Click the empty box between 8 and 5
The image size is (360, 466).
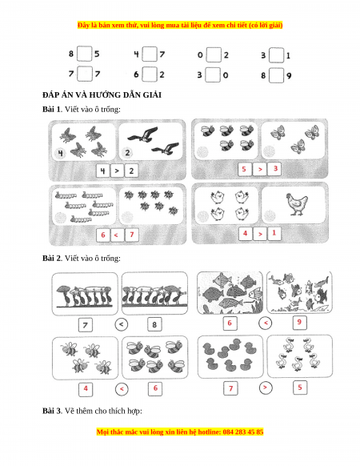(x=84, y=54)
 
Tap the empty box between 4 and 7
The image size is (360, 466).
(x=149, y=54)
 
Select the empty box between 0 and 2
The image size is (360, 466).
(x=214, y=54)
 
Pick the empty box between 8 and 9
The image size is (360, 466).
(x=276, y=75)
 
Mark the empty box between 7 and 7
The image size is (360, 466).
(x=85, y=74)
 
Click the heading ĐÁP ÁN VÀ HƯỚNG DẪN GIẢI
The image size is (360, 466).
(x=102, y=95)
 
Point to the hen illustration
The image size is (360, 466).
(x=297, y=204)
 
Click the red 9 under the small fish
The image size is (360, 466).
(x=299, y=322)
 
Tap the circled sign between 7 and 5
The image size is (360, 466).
(x=266, y=388)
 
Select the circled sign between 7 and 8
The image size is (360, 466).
(x=121, y=324)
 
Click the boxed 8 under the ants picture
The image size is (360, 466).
(x=154, y=324)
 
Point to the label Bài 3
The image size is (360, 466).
(x=51, y=411)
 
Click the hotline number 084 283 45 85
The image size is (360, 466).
(x=243, y=432)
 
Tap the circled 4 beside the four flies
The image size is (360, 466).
(x=61, y=154)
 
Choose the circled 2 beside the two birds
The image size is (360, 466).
(x=127, y=153)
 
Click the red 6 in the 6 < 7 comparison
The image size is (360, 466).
(x=103, y=235)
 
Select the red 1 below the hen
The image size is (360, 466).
(x=274, y=233)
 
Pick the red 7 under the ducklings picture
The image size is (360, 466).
(x=230, y=388)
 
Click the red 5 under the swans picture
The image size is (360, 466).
(x=300, y=388)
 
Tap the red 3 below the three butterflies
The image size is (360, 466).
(x=275, y=169)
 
